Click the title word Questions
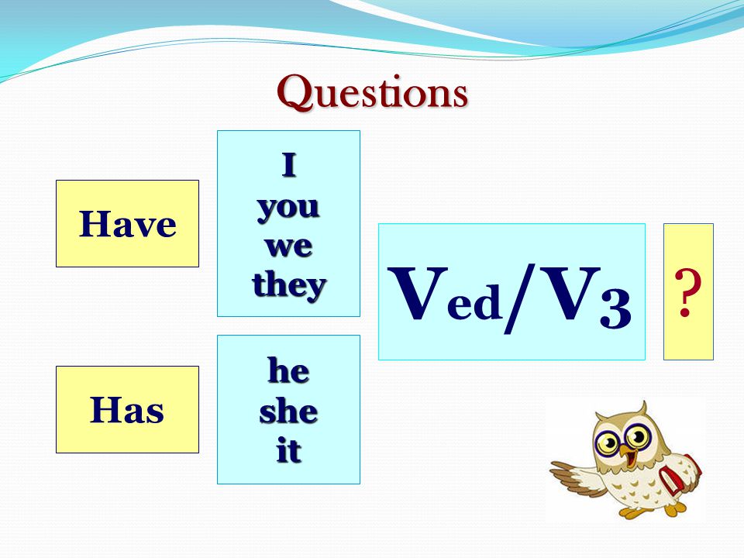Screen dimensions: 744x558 coord(373,93)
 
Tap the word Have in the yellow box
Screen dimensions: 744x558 coord(127,223)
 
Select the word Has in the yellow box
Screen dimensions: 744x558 coord(126,409)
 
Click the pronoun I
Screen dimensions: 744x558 coord(289,164)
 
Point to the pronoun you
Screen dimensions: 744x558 coord(288,208)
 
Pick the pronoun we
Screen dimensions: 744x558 coord(288,246)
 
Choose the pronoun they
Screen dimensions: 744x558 coord(289,286)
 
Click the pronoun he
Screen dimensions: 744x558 coord(288,370)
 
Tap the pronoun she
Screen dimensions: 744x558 coord(288,411)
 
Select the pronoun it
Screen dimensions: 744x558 coord(288,449)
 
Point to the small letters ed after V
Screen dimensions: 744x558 coord(474,301)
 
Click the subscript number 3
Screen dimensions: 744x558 coord(615,309)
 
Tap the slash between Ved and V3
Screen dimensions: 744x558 coord(519,298)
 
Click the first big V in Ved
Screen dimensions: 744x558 coord(418,293)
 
